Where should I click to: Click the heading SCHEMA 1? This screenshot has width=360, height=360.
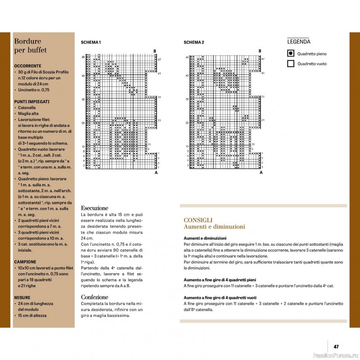[x=90, y=42]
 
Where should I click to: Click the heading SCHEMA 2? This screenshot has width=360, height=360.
[x=194, y=42]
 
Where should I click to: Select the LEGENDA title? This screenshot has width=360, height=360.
[x=298, y=42]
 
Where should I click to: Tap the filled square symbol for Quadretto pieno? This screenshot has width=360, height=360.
[x=291, y=54]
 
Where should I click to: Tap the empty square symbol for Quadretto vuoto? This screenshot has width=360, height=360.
[x=291, y=64]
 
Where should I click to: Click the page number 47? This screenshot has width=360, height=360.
[x=336, y=347]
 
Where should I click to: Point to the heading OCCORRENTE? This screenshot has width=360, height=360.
[x=27, y=66]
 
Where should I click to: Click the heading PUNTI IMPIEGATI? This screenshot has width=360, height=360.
[x=31, y=102]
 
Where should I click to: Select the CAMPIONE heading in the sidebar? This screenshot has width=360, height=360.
[x=25, y=261]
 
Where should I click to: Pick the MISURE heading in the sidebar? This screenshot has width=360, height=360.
[x=22, y=297]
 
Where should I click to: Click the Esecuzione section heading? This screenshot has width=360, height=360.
[x=94, y=208]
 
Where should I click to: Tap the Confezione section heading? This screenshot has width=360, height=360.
[x=94, y=297]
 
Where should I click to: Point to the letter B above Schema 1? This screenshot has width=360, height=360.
[x=155, y=51]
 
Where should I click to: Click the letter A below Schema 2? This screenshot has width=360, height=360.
[x=261, y=172]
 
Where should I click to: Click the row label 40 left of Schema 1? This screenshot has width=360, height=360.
[x=83, y=76]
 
